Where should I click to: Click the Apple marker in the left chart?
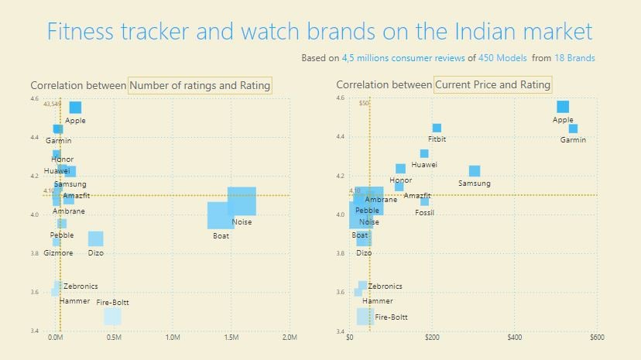(75, 107)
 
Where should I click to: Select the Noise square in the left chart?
(242, 201)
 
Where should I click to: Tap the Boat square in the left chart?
(221, 215)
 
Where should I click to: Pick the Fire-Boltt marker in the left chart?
(112, 317)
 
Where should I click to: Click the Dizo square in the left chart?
(95, 238)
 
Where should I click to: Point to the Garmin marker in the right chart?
(573, 129)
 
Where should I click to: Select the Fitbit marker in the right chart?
(437, 128)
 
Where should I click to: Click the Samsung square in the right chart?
(475, 171)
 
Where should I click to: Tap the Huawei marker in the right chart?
(424, 153)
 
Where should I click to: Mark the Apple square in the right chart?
(563, 107)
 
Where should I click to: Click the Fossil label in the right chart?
(424, 212)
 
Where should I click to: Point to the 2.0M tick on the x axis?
(290, 338)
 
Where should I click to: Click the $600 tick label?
(597, 338)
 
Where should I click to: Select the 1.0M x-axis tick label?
(173, 338)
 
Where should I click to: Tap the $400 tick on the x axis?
(515, 338)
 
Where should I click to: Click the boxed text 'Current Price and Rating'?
(492, 84)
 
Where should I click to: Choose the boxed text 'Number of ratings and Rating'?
(201, 85)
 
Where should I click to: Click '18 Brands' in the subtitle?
(574, 58)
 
